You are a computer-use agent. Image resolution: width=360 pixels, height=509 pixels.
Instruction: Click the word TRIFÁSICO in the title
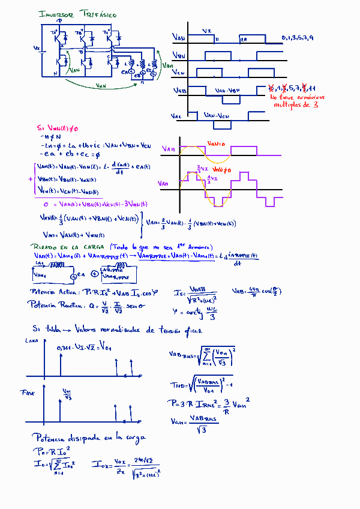97,14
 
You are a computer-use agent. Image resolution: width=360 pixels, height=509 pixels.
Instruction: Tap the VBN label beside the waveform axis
179,56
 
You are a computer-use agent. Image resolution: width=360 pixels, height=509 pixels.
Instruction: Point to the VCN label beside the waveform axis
178,73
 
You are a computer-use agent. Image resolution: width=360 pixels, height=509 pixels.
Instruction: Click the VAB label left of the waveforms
179,91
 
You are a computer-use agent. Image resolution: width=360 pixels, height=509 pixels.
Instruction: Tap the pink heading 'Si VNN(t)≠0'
58,128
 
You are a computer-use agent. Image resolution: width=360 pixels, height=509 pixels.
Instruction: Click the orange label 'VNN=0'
215,143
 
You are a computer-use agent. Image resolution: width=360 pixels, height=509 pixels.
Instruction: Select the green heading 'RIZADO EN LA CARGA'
66,247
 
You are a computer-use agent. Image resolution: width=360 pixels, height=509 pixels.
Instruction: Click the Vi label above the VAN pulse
206,31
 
